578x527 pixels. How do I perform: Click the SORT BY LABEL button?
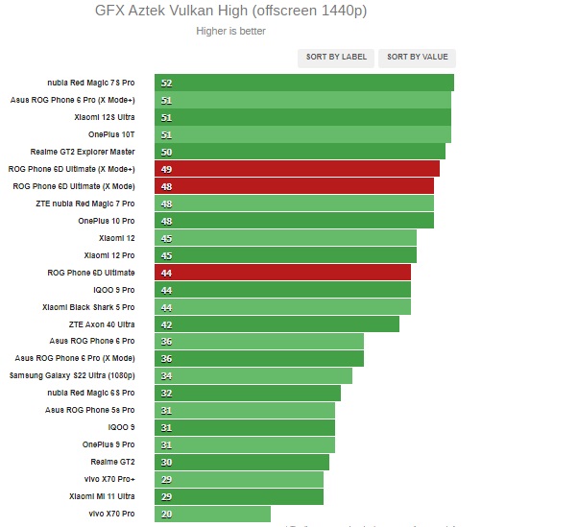coord(336,58)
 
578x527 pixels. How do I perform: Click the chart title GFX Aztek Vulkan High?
coord(230,12)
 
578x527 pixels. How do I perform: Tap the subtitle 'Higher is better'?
coord(230,31)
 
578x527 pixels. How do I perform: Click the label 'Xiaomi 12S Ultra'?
coord(105,117)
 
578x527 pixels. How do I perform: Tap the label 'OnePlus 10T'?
coord(111,134)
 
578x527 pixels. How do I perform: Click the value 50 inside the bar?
coord(166,152)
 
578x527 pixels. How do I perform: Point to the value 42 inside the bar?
coord(166,324)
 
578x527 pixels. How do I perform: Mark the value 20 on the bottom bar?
coord(166,515)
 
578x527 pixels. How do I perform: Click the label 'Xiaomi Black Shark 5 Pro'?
coord(88,307)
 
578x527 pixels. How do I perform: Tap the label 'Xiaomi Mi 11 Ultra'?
coord(102,496)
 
